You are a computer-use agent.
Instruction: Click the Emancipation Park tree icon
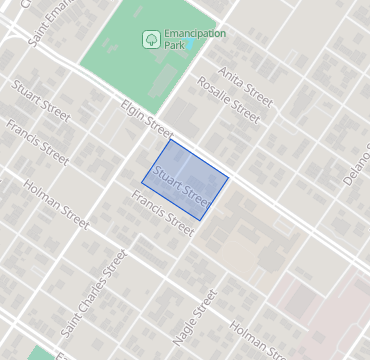[x=149, y=39]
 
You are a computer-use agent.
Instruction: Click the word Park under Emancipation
[x=174, y=46]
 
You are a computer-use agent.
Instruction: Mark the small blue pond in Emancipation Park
[x=189, y=46]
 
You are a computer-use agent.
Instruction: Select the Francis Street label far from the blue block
[x=37, y=143]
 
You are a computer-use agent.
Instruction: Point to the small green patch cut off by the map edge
[x=40, y=353]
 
